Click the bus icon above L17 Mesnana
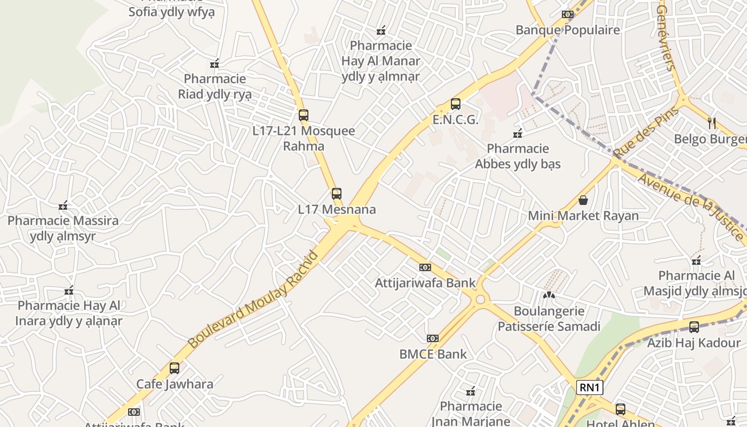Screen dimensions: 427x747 (336, 193)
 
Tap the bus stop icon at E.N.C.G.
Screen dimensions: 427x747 (455, 104)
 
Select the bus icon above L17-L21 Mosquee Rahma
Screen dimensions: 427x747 (304, 115)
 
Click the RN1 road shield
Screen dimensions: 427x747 (590, 388)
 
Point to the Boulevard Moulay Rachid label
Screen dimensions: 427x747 (253, 300)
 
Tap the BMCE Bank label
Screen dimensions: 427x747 (433, 354)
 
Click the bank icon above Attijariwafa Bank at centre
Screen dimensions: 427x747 (425, 267)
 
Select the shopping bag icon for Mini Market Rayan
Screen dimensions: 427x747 (583, 200)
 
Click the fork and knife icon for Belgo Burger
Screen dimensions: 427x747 (712, 123)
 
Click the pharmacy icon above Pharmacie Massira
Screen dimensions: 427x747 (63, 205)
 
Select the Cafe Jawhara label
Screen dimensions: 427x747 (174, 384)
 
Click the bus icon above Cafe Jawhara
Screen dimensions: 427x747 (174, 368)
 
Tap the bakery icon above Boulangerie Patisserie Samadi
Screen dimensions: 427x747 (549, 294)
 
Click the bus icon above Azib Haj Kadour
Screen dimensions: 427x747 (694, 327)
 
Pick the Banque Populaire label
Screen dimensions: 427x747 (568, 30)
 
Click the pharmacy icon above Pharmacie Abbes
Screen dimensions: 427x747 (517, 133)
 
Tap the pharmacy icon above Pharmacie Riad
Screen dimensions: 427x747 (214, 64)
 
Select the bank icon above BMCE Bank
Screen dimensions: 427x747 (432, 338)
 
